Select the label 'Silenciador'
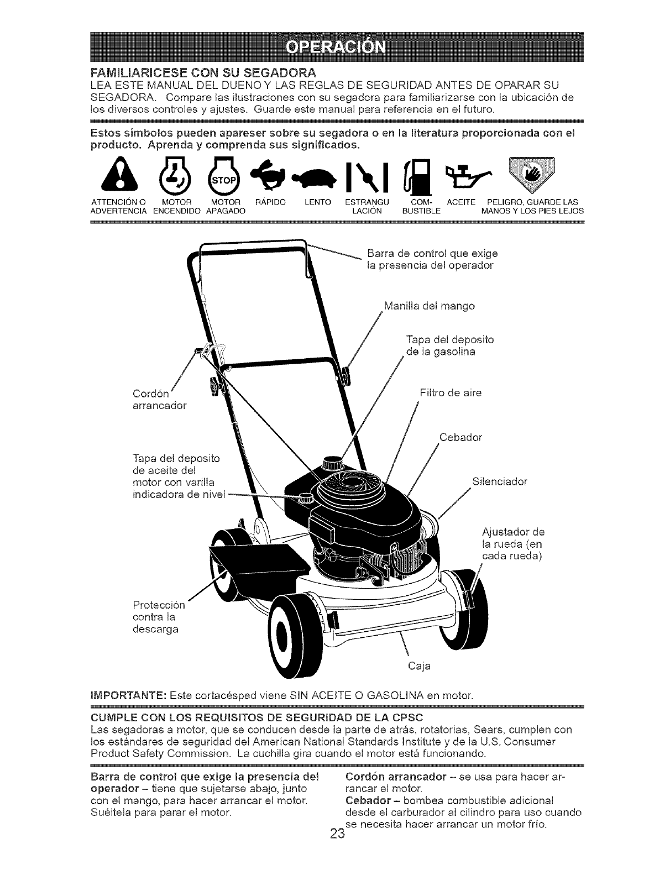click(500, 481)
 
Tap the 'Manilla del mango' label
click(429, 306)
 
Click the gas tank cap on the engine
click(333, 462)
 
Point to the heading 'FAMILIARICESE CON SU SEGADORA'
click(202, 73)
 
